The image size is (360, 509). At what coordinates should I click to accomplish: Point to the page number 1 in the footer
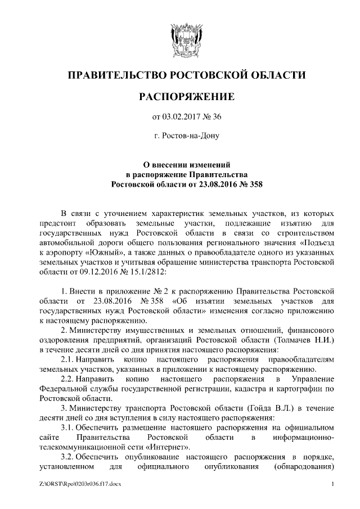click(x=332, y=484)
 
